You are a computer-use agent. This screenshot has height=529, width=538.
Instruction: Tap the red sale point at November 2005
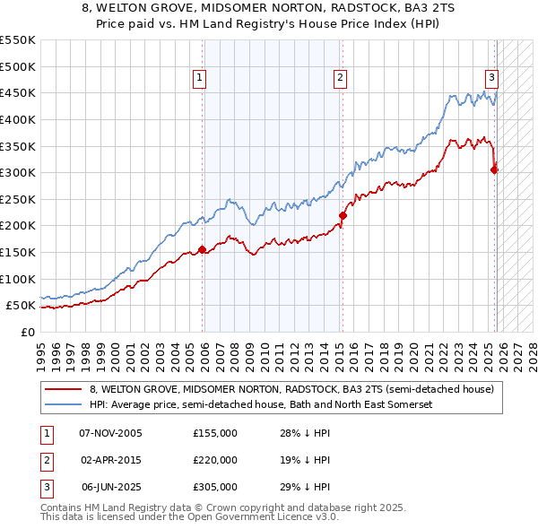click(x=202, y=249)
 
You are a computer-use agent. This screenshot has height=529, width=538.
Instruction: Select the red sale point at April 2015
click(x=342, y=215)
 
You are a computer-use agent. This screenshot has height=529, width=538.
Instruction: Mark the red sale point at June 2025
click(x=494, y=169)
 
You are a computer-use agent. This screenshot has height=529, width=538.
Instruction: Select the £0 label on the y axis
click(x=27, y=332)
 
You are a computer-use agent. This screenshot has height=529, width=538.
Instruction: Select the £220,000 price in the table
click(x=215, y=460)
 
